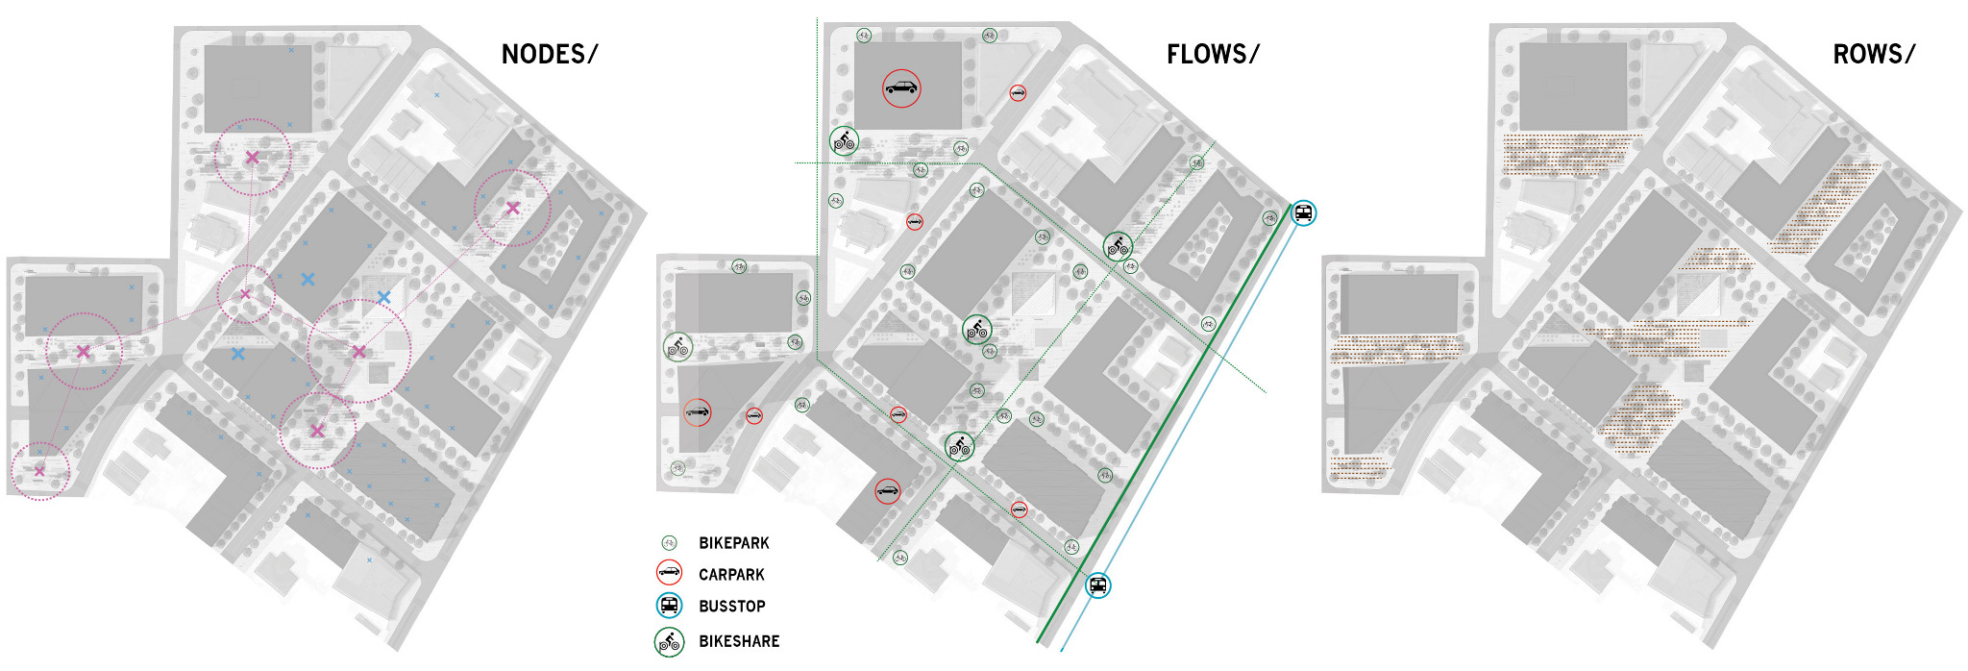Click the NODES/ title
click(x=549, y=55)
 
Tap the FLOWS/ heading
click(x=1212, y=55)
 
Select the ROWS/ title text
click(x=1873, y=55)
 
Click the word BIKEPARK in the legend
click(x=733, y=543)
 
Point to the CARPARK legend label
click(x=731, y=575)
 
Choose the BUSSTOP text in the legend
click(x=731, y=607)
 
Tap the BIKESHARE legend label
click(x=739, y=641)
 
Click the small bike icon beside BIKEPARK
click(x=669, y=543)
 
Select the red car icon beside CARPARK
click(x=669, y=574)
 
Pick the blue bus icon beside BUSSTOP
click(x=670, y=606)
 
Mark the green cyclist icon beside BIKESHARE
click(x=669, y=641)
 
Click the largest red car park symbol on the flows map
click(x=901, y=88)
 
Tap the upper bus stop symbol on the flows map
click(x=1303, y=212)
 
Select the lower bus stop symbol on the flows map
click(x=1097, y=584)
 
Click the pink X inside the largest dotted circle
click(x=359, y=352)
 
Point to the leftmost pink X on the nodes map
click(x=39, y=470)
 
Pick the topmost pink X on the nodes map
click(x=252, y=157)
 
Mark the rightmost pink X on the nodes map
click(x=512, y=208)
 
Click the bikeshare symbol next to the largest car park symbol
click(x=844, y=141)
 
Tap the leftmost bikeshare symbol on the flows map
click(x=677, y=346)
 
